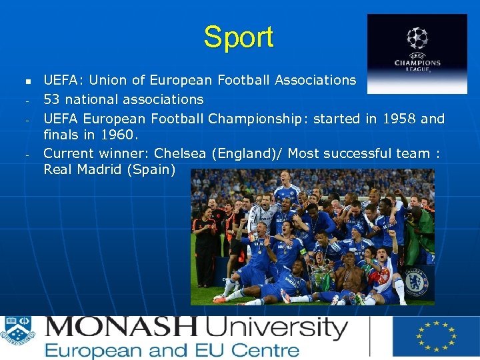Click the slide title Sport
click(x=239, y=37)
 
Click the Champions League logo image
click(x=417, y=53)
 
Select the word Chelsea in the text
click(x=180, y=153)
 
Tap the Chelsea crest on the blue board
click(x=417, y=281)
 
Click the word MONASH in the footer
click(x=121, y=328)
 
